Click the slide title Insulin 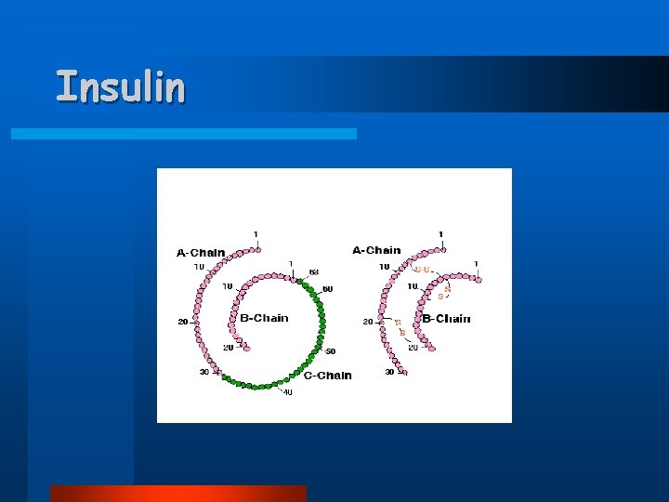[x=121, y=86]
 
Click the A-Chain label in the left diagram [x=201, y=252]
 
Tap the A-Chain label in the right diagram [x=377, y=250]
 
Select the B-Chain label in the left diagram [x=264, y=318]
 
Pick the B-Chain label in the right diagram [x=447, y=319]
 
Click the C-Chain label [x=328, y=376]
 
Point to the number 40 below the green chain [x=287, y=392]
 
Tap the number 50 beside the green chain [x=330, y=351]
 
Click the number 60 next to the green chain [x=327, y=289]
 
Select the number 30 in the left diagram [x=203, y=372]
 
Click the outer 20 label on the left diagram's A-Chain [x=183, y=323]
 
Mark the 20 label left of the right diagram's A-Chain [x=368, y=322]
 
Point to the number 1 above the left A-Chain [x=256, y=234]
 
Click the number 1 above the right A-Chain [x=441, y=234]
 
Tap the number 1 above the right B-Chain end [x=475, y=264]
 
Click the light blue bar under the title [x=183, y=134]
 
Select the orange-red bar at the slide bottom [x=177, y=493]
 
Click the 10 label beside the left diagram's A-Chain [x=199, y=267]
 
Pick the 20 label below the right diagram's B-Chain [x=413, y=348]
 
